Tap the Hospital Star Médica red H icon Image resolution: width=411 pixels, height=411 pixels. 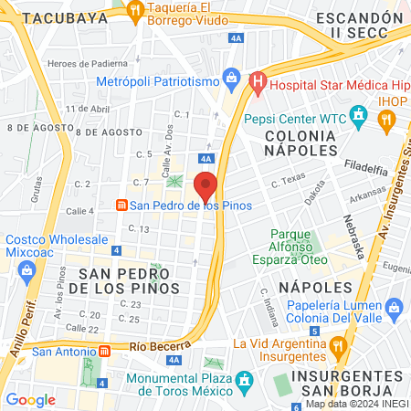[x=258, y=84]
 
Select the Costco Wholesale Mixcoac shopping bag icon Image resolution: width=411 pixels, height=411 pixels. [x=26, y=269]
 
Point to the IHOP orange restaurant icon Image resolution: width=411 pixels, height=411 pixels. [x=387, y=118]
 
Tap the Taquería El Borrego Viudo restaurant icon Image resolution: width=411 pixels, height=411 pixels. [x=136, y=12]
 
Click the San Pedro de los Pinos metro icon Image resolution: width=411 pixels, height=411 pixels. [x=119, y=205]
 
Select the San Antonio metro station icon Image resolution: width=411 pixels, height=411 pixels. [x=105, y=351]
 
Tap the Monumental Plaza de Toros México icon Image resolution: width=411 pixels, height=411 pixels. [x=243, y=379]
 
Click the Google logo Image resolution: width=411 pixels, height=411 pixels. [x=30, y=399]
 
